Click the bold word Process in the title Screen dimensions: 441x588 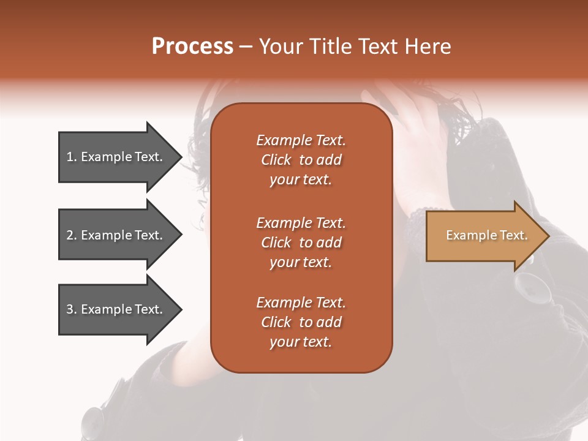(192, 47)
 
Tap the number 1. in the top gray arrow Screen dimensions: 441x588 (72, 157)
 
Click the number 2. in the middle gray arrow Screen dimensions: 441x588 (72, 235)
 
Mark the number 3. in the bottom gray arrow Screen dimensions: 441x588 (72, 309)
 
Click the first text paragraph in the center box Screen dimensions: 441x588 (301, 160)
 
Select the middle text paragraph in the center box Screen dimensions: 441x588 (301, 243)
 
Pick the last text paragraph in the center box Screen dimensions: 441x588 (301, 322)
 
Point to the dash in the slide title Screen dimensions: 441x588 (246, 47)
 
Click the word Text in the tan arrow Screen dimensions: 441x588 (513, 235)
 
